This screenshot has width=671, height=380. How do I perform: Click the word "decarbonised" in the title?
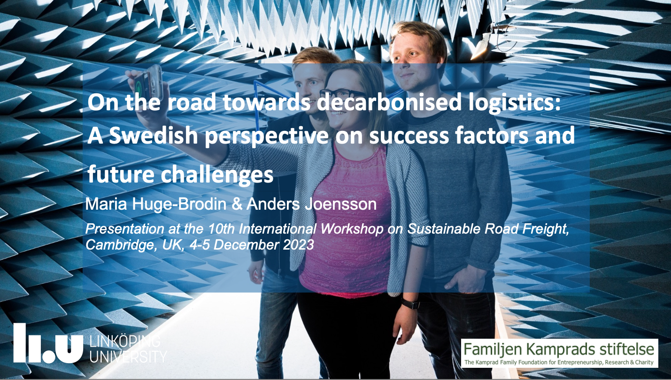389,102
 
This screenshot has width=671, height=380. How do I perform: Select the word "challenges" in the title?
217,175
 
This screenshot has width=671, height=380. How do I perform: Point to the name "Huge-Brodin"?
179,205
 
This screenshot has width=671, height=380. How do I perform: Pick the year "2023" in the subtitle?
298,245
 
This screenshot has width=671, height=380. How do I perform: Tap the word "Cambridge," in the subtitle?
120,245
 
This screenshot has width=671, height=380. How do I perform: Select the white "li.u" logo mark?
48,343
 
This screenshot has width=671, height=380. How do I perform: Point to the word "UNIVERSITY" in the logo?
128,357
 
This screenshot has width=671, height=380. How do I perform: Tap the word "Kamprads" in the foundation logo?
555,350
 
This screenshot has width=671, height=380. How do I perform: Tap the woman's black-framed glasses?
339,93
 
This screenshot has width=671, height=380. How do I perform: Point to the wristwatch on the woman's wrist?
410,304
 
